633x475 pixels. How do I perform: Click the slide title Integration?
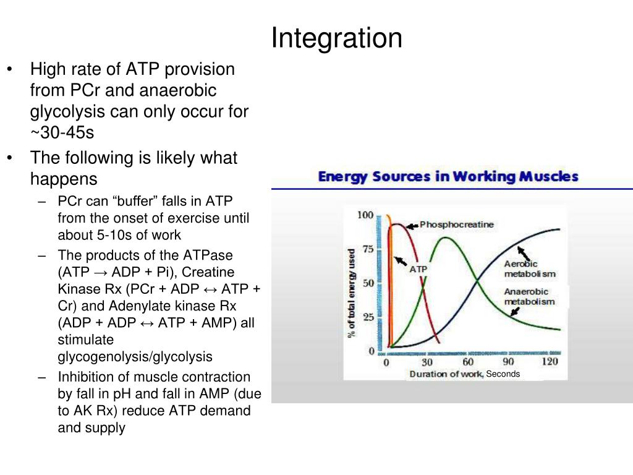point(337,38)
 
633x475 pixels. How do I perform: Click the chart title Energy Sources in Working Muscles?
point(448,176)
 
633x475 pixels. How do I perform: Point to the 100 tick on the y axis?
point(366,215)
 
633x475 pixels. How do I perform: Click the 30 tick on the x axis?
point(427,362)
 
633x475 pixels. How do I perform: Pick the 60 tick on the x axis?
point(468,362)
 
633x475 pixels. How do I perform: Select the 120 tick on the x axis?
point(550,362)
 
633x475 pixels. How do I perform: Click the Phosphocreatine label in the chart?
point(457,225)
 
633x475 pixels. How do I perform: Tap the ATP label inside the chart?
point(418,269)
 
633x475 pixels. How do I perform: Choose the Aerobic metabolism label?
point(529,269)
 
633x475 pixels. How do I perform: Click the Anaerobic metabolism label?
point(529,297)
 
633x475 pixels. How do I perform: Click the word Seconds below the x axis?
point(503,374)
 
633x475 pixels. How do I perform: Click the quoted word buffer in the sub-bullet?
point(129,202)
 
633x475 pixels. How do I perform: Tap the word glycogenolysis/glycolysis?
point(135,356)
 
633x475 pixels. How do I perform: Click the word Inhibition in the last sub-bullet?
point(81,377)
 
